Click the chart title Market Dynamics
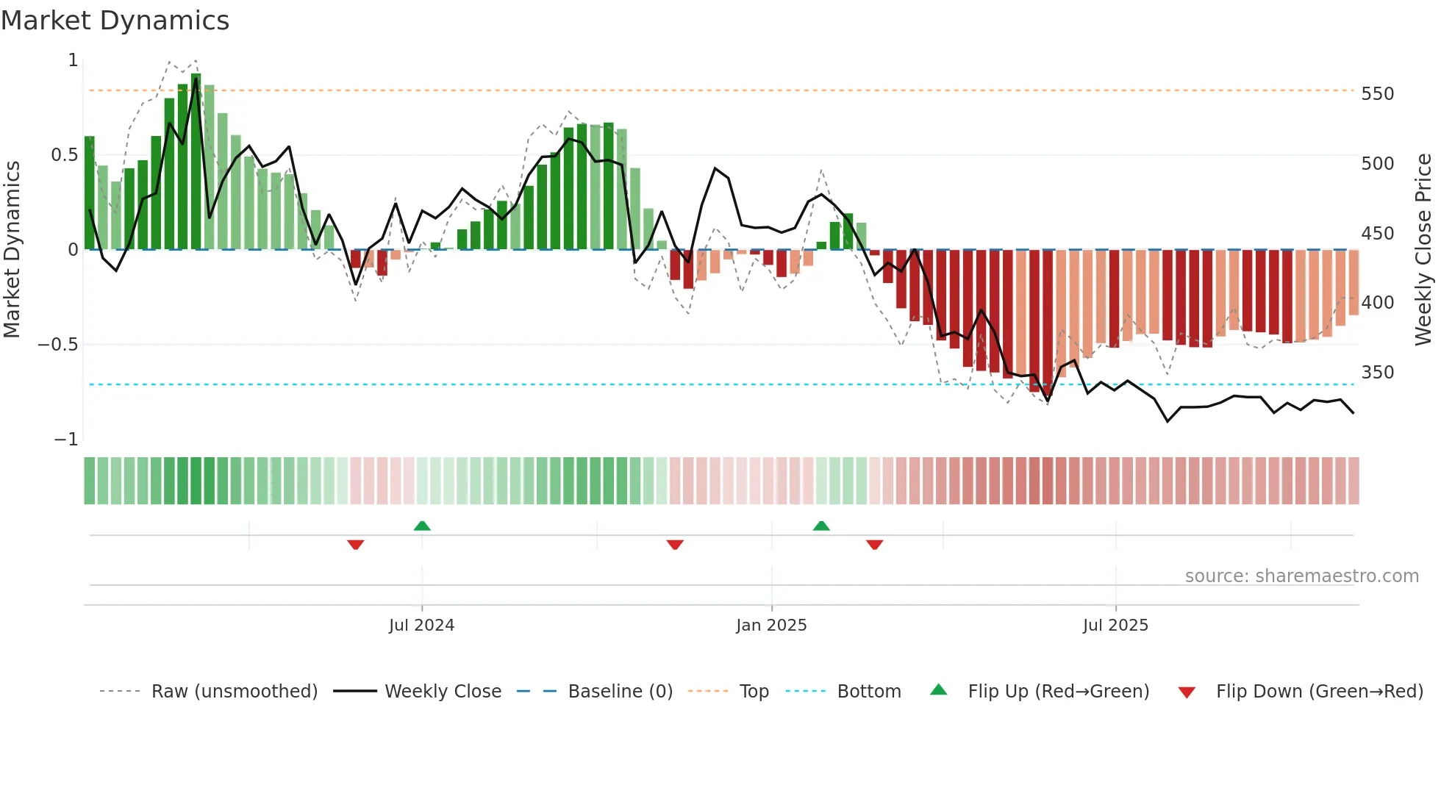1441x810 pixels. coord(115,21)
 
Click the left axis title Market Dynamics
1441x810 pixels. coord(12,249)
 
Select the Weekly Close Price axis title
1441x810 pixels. coord(1423,249)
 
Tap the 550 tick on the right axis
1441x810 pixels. coord(1377,94)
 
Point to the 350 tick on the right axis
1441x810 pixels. coord(1377,373)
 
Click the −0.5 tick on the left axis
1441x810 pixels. coord(57,345)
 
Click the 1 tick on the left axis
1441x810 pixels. coord(73,60)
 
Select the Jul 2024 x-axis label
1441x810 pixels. coord(421,626)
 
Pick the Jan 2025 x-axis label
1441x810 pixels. coord(771,626)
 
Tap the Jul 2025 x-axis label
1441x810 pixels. coord(1115,626)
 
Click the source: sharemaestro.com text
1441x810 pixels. coord(1301,576)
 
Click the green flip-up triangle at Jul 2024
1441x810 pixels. coord(422,526)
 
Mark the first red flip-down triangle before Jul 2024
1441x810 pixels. coord(356,545)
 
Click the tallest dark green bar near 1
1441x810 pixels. coord(196,162)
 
